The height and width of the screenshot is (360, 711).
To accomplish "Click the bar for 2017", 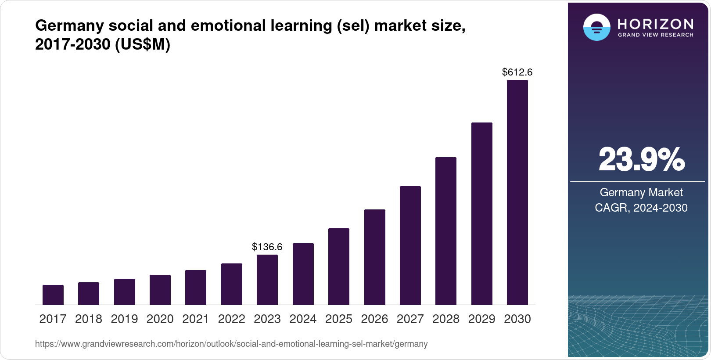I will pyautogui.click(x=53, y=295).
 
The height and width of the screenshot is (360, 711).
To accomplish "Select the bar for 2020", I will pyautogui.click(x=160, y=290).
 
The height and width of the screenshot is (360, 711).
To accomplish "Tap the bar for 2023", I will pyautogui.click(x=267, y=280).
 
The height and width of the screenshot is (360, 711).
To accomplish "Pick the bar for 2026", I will pyautogui.click(x=374, y=257).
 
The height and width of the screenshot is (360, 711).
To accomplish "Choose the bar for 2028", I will pyautogui.click(x=446, y=231).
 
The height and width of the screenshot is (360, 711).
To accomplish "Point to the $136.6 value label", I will pyautogui.click(x=267, y=247).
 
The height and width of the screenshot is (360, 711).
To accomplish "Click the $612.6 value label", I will pyautogui.click(x=517, y=72).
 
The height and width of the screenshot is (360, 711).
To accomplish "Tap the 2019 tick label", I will pyautogui.click(x=124, y=319).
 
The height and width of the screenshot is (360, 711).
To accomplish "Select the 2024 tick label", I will pyautogui.click(x=303, y=319).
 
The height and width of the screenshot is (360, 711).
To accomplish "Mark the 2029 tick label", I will pyautogui.click(x=481, y=319).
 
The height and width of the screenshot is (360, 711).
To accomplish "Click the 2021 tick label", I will pyautogui.click(x=196, y=319).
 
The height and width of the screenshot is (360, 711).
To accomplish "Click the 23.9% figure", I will pyautogui.click(x=641, y=160).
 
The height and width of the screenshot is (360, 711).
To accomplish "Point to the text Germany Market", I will pyautogui.click(x=641, y=192).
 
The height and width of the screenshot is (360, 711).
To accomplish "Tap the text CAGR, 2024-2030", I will pyautogui.click(x=641, y=208).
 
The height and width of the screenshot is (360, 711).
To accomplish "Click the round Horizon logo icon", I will pyautogui.click(x=596, y=27).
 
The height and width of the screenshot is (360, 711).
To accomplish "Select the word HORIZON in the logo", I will pyautogui.click(x=655, y=24).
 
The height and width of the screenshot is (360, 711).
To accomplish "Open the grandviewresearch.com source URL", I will pyautogui.click(x=231, y=344).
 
